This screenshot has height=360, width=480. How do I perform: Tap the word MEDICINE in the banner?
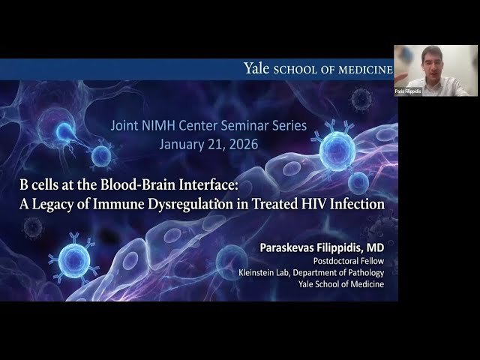click(x=364, y=69)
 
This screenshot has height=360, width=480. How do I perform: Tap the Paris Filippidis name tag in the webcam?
click(x=407, y=91)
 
